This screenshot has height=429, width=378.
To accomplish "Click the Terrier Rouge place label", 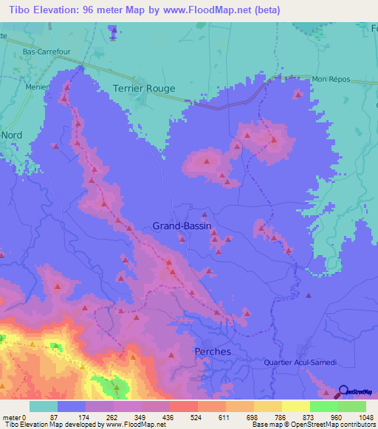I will pos(144,88).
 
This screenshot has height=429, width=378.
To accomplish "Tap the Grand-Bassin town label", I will pos(182,226).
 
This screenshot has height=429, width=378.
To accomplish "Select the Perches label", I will pos(213,352).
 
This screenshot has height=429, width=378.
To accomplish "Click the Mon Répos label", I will pos(330,79).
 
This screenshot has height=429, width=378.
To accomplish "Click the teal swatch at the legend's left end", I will pos(44,406).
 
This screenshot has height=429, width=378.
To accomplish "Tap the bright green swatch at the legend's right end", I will pos(352,406).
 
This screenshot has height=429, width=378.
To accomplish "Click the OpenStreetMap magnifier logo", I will pos(344,391).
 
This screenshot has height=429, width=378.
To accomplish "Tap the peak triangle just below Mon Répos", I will pos(297,94).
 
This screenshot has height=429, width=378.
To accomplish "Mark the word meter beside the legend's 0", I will pos(13,417).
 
